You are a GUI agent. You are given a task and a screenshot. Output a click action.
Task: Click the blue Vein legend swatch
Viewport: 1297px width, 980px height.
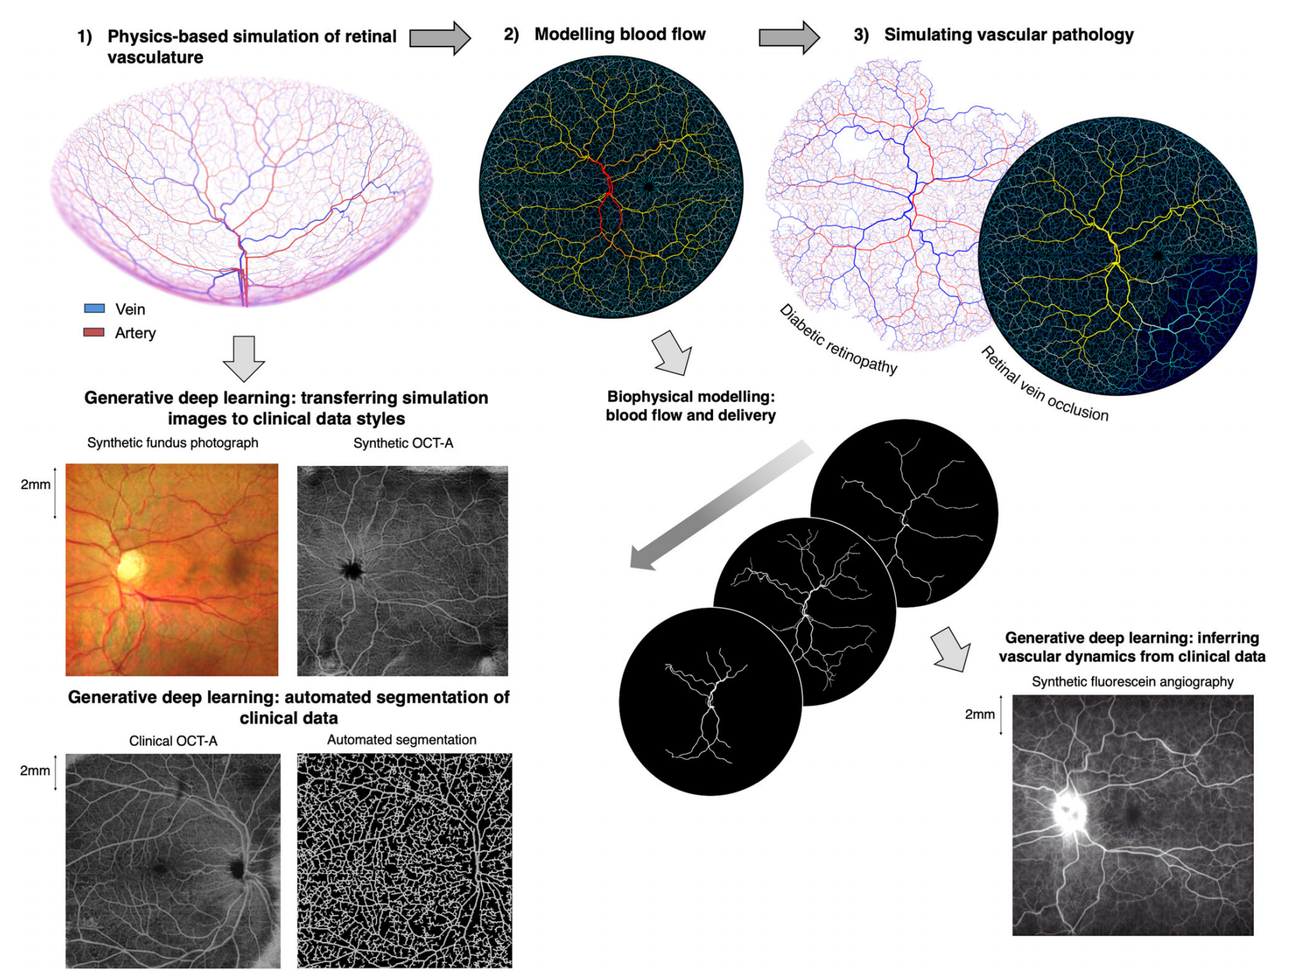pyautogui.click(x=94, y=308)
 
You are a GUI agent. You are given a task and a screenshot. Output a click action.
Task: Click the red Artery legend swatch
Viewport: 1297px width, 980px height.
pyautogui.click(x=94, y=332)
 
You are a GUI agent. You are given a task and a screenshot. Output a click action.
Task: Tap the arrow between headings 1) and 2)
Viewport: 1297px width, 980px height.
pyautogui.click(x=439, y=37)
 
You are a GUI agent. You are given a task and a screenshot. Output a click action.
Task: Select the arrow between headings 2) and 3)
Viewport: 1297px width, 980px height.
pyautogui.click(x=788, y=37)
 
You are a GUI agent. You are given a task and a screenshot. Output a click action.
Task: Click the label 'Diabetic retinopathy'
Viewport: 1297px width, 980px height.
pyautogui.click(x=838, y=339)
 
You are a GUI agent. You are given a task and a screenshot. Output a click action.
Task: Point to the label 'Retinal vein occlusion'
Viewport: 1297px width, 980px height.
pyautogui.click(x=1044, y=384)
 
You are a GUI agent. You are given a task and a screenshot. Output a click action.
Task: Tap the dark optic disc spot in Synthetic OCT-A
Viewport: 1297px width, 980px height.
pyautogui.click(x=352, y=569)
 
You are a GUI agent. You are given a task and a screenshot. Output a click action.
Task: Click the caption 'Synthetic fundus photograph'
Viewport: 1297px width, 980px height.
pyautogui.click(x=173, y=443)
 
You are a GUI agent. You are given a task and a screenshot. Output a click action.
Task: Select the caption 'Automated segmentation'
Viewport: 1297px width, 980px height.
pyautogui.click(x=402, y=739)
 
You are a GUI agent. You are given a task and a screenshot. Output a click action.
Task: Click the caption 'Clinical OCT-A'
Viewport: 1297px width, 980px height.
pyautogui.click(x=173, y=741)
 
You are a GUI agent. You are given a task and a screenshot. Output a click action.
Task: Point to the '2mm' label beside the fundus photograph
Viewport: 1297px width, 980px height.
pyautogui.click(x=36, y=485)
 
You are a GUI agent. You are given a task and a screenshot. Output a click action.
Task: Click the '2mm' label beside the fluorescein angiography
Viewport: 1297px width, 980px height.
pyautogui.click(x=980, y=714)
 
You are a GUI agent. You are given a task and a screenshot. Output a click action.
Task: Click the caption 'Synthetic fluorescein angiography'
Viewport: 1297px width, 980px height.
pyautogui.click(x=1132, y=681)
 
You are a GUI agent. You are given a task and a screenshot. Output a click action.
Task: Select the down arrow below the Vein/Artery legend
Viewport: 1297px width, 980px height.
pyautogui.click(x=244, y=358)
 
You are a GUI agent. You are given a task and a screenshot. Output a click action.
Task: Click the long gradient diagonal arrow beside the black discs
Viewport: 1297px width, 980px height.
pyautogui.click(x=720, y=507)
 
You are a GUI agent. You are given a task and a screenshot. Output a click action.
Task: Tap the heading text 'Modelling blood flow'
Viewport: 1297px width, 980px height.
pyautogui.click(x=620, y=34)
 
